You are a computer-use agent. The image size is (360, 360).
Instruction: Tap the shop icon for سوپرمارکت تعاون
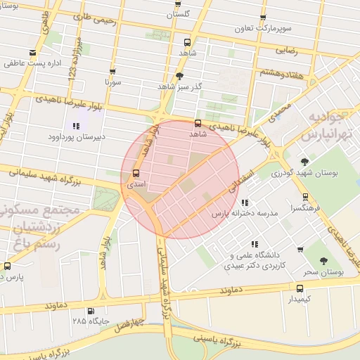coord(264,19)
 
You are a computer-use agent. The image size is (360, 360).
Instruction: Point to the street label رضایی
coord(285,50)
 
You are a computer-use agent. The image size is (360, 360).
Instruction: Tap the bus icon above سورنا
coord(112,71)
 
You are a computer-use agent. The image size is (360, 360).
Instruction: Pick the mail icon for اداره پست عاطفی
coord(32,53)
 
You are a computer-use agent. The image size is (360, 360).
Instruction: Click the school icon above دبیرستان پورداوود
coord(76,126)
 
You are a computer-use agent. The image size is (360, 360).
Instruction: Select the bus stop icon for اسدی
coord(136,173)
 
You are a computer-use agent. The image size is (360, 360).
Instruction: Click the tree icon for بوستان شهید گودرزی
coord(305,161)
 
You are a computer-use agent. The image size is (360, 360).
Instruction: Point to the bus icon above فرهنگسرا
coord(305,198)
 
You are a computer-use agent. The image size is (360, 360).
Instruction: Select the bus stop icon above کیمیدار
coord(300,288)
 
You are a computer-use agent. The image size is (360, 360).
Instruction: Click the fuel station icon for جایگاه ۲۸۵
coord(90,311)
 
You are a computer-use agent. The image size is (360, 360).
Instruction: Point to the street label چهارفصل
coord(129,323)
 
